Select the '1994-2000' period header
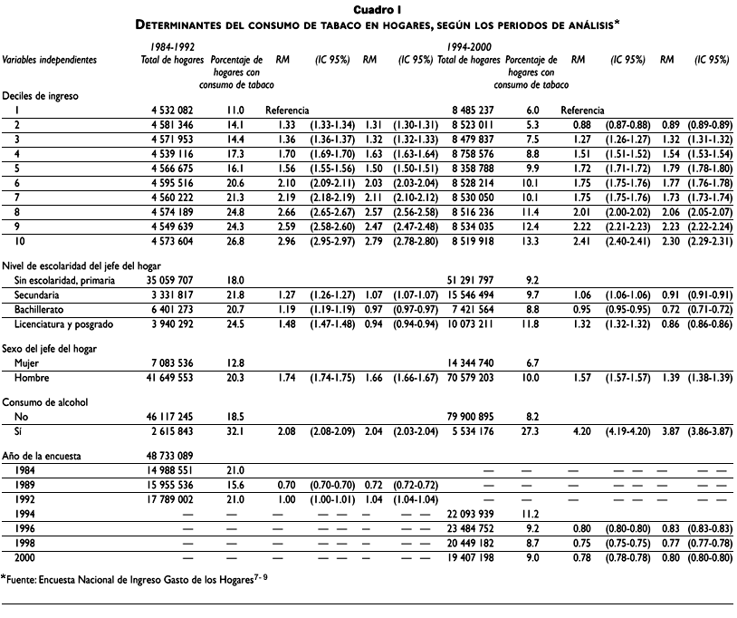point(471,45)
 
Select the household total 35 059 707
point(171,282)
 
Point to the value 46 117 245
point(171,416)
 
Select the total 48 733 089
point(171,456)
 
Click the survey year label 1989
point(24,483)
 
